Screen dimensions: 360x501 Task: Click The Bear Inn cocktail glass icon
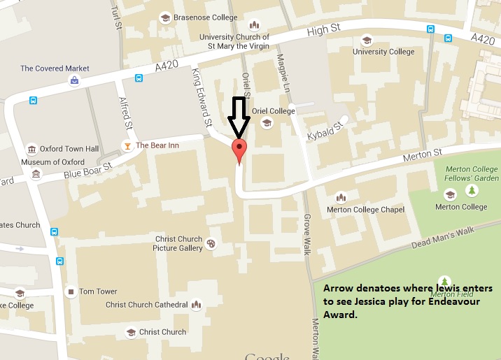(x=127, y=145)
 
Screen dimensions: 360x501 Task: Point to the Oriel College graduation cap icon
(x=266, y=123)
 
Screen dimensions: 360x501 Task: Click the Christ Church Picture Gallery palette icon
(x=211, y=244)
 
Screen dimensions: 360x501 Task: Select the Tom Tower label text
(x=98, y=291)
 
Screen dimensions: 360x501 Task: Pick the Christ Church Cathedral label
(x=147, y=305)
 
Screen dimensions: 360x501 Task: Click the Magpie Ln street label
(x=283, y=73)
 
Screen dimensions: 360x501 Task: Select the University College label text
(x=383, y=52)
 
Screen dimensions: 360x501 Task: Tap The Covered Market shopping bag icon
(x=73, y=80)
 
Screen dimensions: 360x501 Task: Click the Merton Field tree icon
(x=444, y=281)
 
